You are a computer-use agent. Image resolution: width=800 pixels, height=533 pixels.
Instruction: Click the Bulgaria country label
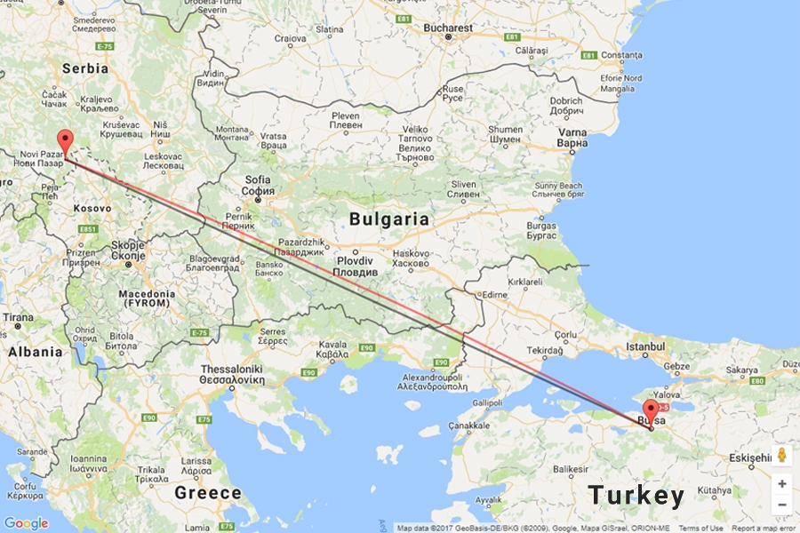(388, 219)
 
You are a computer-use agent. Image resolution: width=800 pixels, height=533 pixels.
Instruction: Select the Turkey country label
(636, 496)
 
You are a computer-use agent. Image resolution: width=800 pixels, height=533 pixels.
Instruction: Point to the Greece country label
(208, 492)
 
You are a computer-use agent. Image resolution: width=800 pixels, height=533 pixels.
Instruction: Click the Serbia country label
(84, 68)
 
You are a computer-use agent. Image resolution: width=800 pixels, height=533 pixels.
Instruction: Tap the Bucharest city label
(448, 28)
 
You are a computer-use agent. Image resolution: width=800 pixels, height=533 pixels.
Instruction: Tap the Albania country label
(35, 352)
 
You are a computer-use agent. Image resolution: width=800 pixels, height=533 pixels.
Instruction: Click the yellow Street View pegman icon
(781, 455)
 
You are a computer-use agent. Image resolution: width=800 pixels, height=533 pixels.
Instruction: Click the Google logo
(26, 523)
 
